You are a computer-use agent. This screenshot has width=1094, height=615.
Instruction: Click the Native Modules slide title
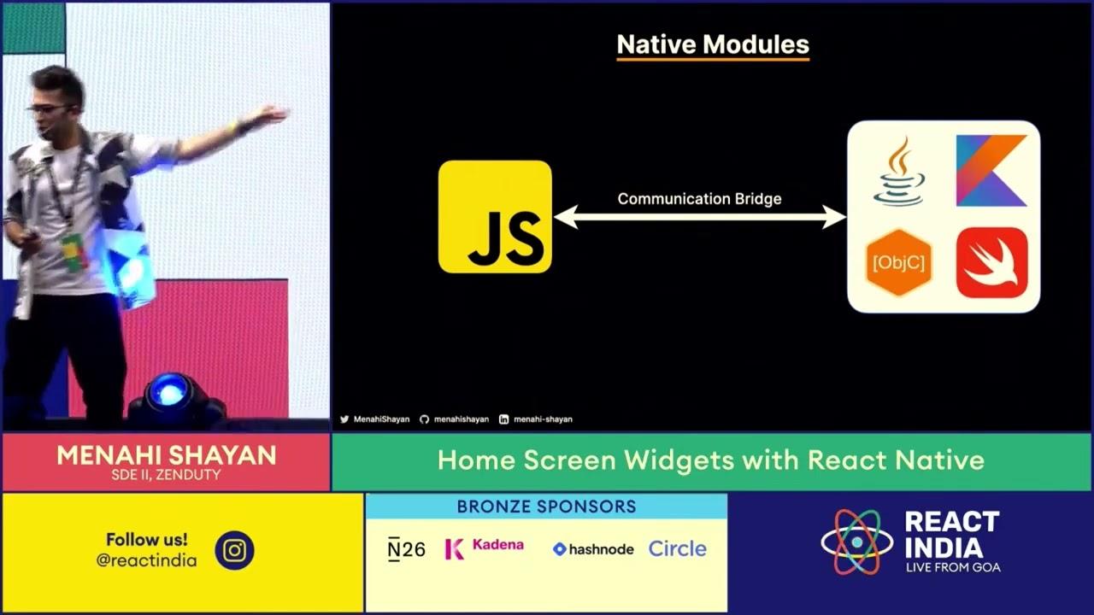pos(713,44)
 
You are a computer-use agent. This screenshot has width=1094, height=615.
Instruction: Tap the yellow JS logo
pos(495,217)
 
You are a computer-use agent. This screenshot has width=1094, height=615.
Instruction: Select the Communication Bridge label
pos(699,199)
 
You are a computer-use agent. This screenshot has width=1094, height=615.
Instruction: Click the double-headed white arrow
pos(699,217)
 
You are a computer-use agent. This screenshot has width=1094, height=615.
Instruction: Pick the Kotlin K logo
pos(991,171)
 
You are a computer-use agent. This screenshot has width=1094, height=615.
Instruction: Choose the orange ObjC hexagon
pos(898,263)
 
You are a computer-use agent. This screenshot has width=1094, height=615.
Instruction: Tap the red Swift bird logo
pos(991,263)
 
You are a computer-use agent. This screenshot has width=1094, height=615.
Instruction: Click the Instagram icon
pos(234,551)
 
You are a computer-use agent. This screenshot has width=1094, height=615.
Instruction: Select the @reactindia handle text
pos(146,561)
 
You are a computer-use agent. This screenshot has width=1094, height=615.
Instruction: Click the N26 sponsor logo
pos(406,549)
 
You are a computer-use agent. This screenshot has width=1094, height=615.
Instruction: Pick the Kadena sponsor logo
pos(484,548)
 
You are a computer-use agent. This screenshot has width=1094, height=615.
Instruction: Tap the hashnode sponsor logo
pos(593,549)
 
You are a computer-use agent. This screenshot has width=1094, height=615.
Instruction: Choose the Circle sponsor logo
pos(677,549)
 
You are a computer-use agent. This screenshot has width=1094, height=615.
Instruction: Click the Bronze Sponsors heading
pos(546,507)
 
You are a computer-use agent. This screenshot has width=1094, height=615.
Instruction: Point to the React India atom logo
pos(856,542)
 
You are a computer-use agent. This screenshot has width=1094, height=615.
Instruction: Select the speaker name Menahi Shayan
pos(167,455)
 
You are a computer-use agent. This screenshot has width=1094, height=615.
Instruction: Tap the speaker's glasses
pos(51,109)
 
